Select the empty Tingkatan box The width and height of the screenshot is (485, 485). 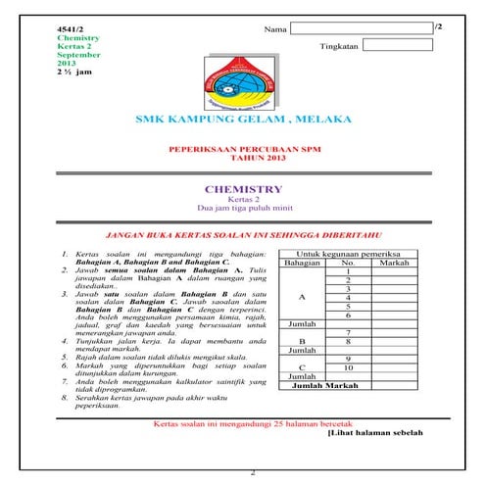(x=397, y=45)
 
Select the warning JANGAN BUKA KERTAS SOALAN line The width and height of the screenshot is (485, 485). (x=242, y=236)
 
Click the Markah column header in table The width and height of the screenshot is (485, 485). (x=394, y=264)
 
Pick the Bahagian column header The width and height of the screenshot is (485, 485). (x=302, y=264)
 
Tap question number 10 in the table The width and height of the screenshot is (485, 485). (x=348, y=366)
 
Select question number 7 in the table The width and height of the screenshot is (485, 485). (x=348, y=333)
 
